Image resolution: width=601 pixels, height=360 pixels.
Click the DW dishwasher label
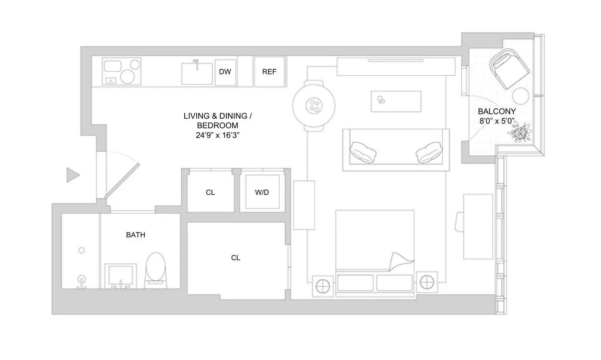[225, 72]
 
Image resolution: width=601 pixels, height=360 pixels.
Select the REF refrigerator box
[269, 72]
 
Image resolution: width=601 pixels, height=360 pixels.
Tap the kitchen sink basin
[197, 74]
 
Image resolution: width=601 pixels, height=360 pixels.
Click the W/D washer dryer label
[262, 192]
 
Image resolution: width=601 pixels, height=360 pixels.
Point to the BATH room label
[135, 235]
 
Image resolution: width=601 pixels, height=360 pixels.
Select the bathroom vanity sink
[120, 276]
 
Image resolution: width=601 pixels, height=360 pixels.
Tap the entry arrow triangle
[73, 175]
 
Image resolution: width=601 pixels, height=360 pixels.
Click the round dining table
[313, 105]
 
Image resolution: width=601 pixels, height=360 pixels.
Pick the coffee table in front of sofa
[396, 101]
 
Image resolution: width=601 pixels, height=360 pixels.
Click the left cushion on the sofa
[363, 152]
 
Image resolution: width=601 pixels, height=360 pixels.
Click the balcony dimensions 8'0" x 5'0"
[496, 121]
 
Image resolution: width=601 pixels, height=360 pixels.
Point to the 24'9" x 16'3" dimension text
[218, 136]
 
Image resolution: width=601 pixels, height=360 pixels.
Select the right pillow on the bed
[394, 283]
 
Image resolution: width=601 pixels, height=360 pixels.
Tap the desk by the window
[478, 227]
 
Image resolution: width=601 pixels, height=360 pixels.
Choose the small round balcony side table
[522, 96]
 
